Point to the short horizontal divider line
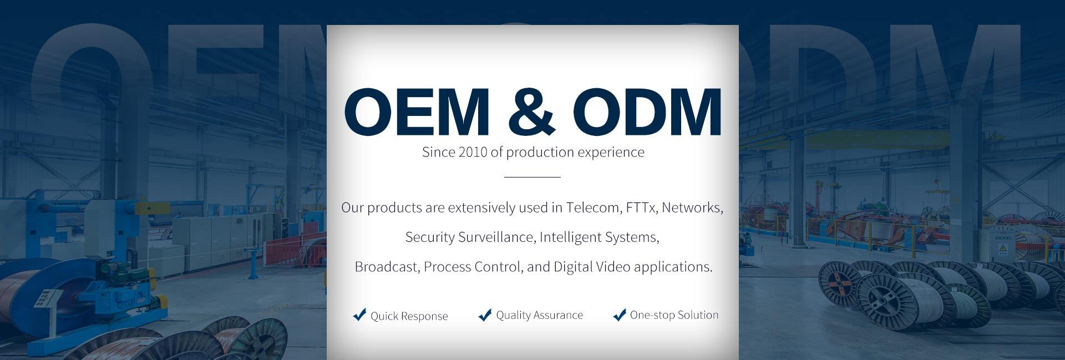pyautogui.click(x=532, y=177)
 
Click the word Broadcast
pyautogui.click(x=388, y=267)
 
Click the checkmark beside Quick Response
pyautogui.click(x=359, y=315)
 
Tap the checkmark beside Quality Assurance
pyautogui.click(x=485, y=315)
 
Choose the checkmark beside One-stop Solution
pyautogui.click(x=620, y=315)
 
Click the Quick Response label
pyautogui.click(x=409, y=316)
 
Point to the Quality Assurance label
pyautogui.click(x=540, y=315)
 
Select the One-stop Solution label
pyautogui.click(x=674, y=315)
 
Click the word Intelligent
pyautogui.click(x=570, y=237)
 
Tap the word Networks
pyautogui.click(x=693, y=208)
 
